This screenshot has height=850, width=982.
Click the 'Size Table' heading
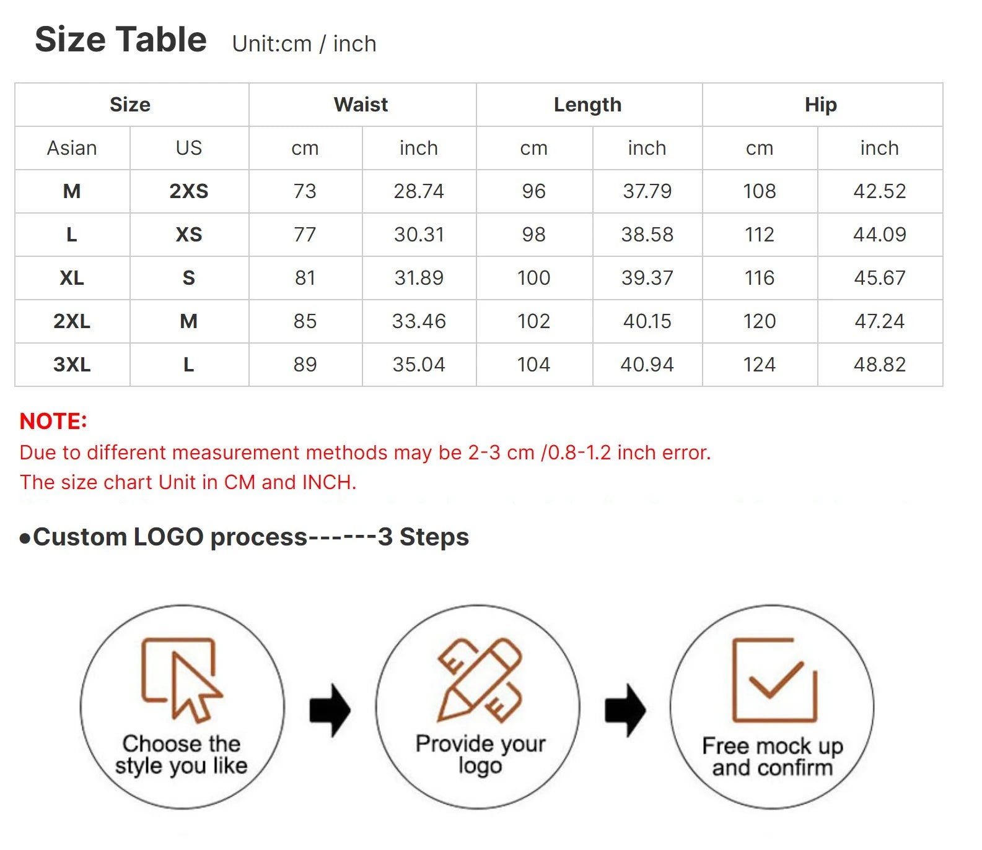(121, 40)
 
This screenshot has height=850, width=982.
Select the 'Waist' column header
(361, 105)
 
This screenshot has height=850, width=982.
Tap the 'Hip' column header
(821, 105)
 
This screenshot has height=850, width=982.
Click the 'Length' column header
(587, 105)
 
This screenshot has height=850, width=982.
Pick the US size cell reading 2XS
(189, 191)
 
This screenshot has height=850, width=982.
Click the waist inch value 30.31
(419, 235)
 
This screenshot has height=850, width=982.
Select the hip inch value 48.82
(880, 365)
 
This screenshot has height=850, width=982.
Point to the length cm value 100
(534, 278)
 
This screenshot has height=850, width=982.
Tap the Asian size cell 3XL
(72, 365)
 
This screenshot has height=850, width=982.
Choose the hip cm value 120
(760, 321)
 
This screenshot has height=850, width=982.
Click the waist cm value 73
(305, 191)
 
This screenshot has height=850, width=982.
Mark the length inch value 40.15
(647, 321)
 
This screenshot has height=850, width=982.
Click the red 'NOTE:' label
(53, 422)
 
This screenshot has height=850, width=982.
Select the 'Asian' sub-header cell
(72, 148)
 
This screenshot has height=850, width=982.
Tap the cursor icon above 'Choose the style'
(182, 680)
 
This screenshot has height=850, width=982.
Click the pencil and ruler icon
(480, 680)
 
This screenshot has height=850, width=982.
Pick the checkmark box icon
(774, 680)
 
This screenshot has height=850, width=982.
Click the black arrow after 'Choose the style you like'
(330, 710)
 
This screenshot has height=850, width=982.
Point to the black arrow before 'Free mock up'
(625, 710)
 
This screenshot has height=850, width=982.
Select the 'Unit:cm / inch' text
(304, 44)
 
